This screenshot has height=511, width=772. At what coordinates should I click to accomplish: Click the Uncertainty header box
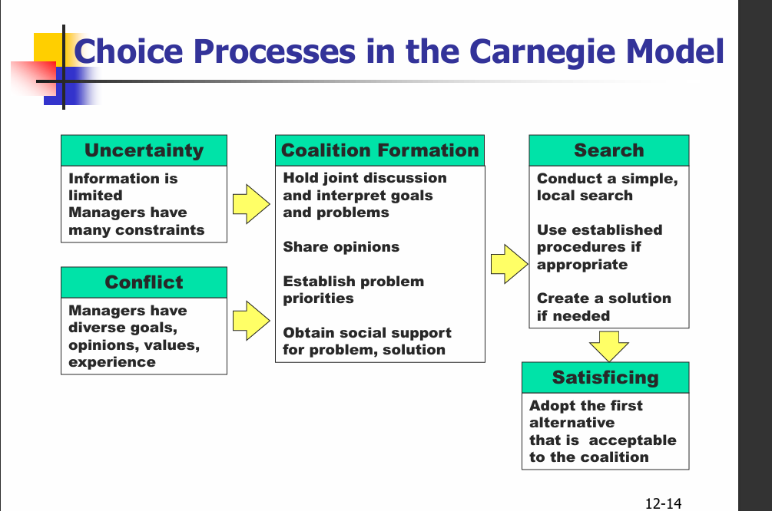click(x=144, y=150)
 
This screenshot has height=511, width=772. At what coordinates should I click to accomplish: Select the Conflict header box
click(x=144, y=282)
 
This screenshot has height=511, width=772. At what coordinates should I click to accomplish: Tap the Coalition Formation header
click(x=379, y=150)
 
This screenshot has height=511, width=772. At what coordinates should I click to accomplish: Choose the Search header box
click(x=608, y=150)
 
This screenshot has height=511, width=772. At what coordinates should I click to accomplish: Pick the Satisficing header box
click(x=605, y=377)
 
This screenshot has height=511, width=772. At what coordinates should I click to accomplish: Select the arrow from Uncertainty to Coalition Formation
click(x=251, y=203)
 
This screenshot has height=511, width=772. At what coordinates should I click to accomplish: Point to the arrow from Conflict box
click(x=251, y=320)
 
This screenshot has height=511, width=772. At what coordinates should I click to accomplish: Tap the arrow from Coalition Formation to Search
click(x=508, y=263)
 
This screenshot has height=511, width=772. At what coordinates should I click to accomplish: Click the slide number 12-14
click(x=663, y=503)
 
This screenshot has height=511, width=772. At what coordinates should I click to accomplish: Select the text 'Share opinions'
click(x=341, y=247)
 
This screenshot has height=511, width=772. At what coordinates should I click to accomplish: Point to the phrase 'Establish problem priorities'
click(x=353, y=290)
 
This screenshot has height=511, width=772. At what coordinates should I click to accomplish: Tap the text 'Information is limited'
click(x=123, y=186)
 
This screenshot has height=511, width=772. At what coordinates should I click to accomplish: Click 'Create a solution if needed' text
click(x=604, y=307)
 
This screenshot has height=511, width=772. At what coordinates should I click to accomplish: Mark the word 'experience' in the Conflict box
click(x=112, y=362)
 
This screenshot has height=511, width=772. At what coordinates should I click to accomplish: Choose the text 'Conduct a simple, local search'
click(x=607, y=186)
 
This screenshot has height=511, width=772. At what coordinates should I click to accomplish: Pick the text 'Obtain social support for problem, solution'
click(x=367, y=341)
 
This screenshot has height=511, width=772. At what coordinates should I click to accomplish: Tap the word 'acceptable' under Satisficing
click(x=633, y=440)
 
